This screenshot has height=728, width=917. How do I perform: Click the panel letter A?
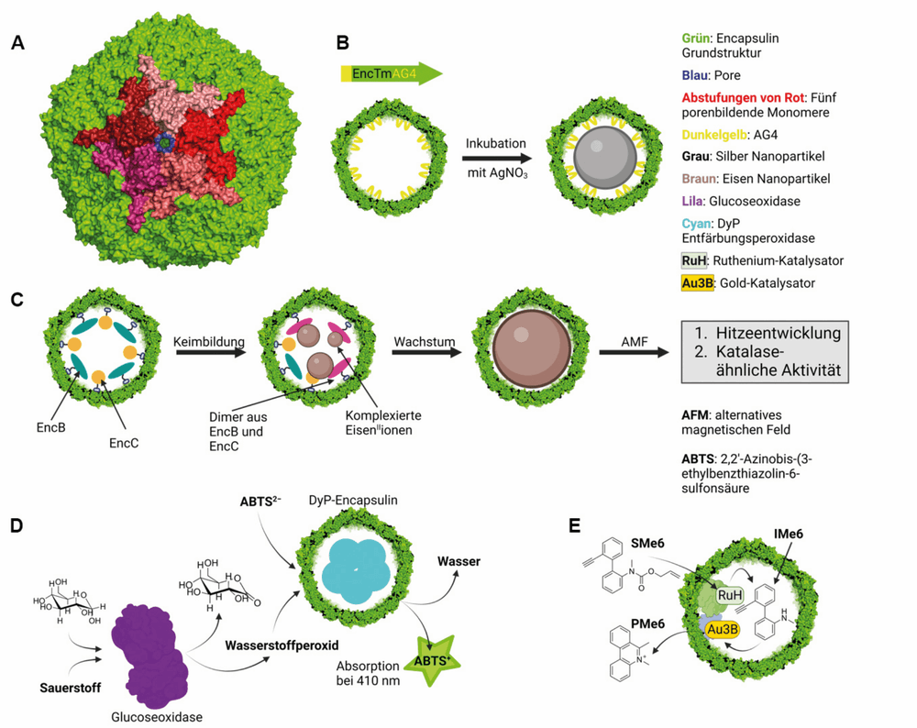[x=18, y=43]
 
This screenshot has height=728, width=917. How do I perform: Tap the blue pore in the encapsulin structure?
[x=166, y=142]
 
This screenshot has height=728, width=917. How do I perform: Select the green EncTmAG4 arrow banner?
[x=392, y=74]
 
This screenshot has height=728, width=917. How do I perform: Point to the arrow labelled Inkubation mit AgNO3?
[x=496, y=158]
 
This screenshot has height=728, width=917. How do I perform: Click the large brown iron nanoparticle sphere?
[x=531, y=348]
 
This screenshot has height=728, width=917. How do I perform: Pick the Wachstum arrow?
[x=427, y=352]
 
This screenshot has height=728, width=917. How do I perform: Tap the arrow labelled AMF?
[x=634, y=352]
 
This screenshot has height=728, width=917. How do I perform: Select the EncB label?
[x=50, y=427]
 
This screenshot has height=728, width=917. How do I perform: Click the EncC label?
[x=124, y=443]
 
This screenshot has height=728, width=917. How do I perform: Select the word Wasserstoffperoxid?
[x=282, y=645]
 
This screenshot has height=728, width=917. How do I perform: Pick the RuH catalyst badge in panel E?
[x=729, y=595]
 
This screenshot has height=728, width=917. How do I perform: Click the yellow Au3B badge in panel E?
[x=723, y=629]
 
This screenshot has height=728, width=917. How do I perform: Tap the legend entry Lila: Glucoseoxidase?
[x=741, y=201]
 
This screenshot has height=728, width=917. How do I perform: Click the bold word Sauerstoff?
[x=71, y=688]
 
